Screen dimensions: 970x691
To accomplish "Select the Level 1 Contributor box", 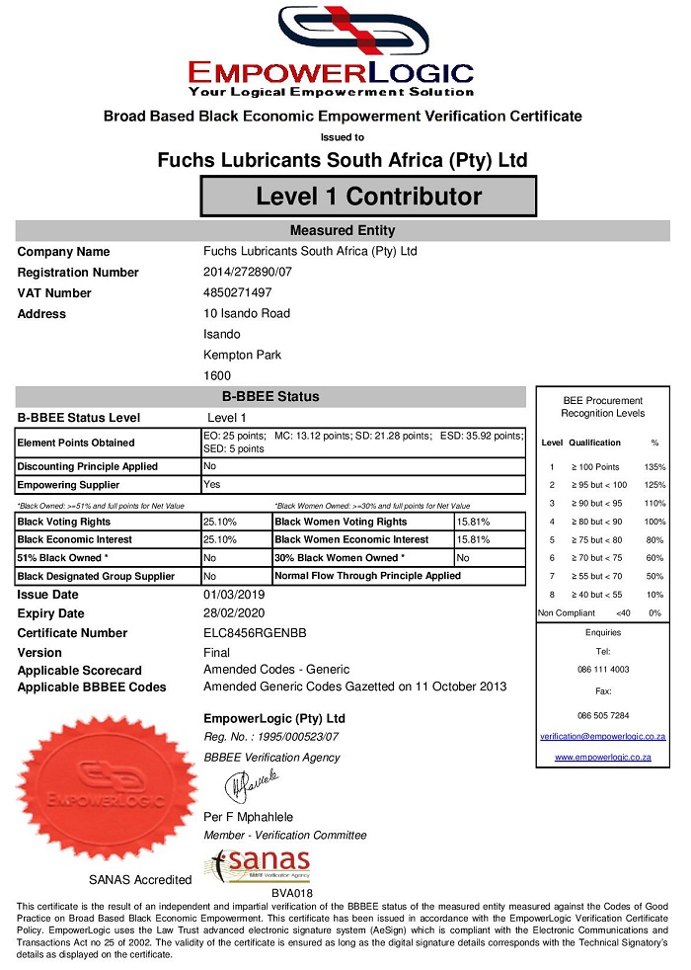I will (368, 196).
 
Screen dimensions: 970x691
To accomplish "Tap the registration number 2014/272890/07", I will (248, 272).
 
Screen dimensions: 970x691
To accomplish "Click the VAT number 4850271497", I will (237, 292).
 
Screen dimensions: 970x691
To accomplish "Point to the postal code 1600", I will (216, 375).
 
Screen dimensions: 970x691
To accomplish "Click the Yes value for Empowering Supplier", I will (211, 484).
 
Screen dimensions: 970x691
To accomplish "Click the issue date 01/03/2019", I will (234, 595).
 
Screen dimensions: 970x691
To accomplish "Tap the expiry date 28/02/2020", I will (234, 613).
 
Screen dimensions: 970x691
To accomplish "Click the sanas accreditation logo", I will (258, 866).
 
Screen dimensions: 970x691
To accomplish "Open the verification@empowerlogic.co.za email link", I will (602, 737).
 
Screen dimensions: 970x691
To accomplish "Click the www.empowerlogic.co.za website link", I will (602, 757).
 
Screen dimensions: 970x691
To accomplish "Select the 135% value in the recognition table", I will (653, 466).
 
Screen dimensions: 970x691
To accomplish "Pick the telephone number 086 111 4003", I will (602, 670).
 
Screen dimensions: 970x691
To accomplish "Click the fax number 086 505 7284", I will (602, 714).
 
